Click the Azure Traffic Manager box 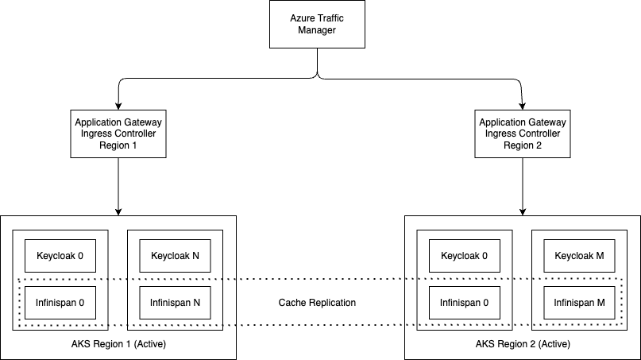317,24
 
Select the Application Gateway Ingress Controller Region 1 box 118,134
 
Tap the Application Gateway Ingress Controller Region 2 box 523,134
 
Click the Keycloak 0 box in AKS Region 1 60,256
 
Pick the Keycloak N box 175,256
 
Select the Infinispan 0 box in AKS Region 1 60,303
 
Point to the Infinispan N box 175,303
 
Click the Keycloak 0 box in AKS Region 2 465,256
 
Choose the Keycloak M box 579,256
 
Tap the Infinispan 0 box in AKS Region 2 465,303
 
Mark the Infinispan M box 579,303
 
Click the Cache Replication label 317,303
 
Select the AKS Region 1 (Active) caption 118,344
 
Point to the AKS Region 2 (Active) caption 523,344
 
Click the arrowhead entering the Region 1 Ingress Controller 118,106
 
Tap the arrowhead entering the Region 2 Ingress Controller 523,106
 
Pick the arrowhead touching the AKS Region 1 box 118,212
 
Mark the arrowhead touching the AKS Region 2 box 523,212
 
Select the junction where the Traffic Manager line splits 318,77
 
